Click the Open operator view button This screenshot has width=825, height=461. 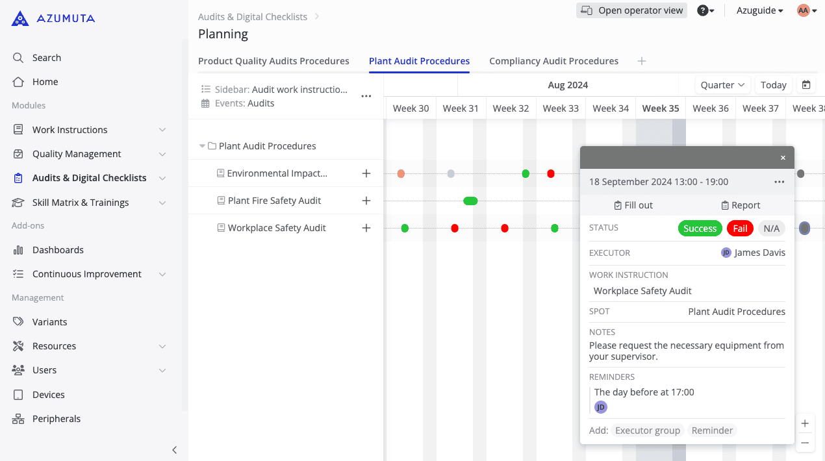coord(631,10)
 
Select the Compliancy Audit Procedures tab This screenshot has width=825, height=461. coord(553,61)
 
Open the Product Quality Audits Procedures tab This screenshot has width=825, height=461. coord(273,61)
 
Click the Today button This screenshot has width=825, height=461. coord(774,85)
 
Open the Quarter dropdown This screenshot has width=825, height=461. coord(722,85)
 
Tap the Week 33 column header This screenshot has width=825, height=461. coord(561,108)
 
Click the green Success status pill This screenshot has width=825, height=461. coord(700,229)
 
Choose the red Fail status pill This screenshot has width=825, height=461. coord(740,229)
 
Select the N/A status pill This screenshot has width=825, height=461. coord(771,229)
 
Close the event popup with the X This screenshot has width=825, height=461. coord(783,158)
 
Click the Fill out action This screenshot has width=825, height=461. coord(633,205)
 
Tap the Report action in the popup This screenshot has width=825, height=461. coord(741,205)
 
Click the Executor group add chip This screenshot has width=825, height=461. coord(648,430)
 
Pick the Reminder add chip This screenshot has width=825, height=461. coord(712,430)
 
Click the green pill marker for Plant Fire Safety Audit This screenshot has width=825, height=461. coord(470,201)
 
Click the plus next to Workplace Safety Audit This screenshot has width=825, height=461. coord(366,228)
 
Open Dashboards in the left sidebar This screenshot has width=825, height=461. coord(58,250)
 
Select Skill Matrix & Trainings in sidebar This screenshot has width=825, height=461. coord(81,203)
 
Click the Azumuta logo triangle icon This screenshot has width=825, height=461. coord(20,18)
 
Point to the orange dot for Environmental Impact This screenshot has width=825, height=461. coord(401,174)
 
